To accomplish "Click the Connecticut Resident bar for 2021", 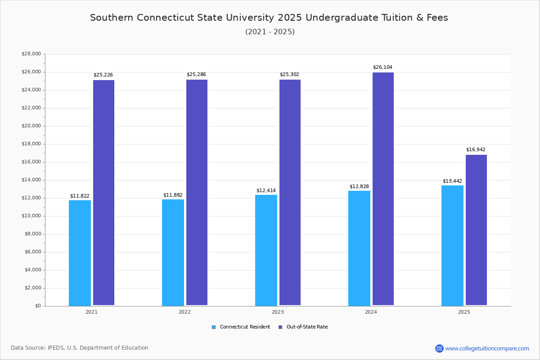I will (x=80, y=253).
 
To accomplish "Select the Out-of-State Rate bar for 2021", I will (x=103, y=193).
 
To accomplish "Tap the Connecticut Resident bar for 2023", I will (x=266, y=250).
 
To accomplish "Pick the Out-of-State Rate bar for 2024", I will (x=383, y=189).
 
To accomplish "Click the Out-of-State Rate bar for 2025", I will (x=476, y=230).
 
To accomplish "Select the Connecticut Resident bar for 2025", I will (x=452, y=245).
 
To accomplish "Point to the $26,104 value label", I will (x=382, y=67).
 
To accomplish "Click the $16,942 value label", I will (x=476, y=150).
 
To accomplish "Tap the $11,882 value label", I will (x=173, y=195).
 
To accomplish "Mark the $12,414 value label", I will (x=266, y=191).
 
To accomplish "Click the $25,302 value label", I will (x=289, y=75).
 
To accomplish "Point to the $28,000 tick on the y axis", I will (x=31, y=54).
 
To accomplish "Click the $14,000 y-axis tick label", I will (x=31, y=180).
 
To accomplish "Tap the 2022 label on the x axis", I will (x=184, y=312).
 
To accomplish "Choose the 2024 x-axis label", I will (x=371, y=312).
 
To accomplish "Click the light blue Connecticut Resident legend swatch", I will (x=214, y=327).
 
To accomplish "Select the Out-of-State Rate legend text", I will (x=307, y=327).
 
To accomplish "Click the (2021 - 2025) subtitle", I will (x=270, y=32).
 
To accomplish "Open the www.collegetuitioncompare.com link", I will (x=487, y=348).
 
